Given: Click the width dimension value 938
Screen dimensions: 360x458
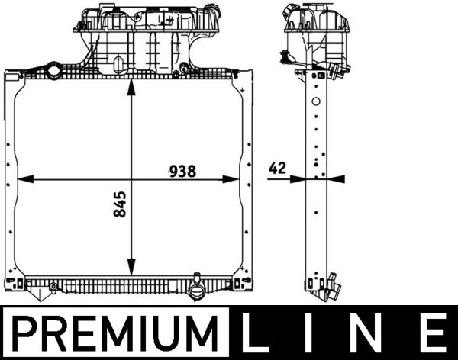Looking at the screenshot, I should click(x=182, y=171).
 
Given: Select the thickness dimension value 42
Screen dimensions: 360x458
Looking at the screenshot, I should click(x=278, y=169).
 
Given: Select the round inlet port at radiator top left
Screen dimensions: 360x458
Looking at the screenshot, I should click(x=53, y=72).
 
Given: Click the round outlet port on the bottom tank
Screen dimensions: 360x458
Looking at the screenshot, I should click(x=197, y=293).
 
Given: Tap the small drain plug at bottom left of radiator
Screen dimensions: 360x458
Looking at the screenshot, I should click(x=52, y=288).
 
